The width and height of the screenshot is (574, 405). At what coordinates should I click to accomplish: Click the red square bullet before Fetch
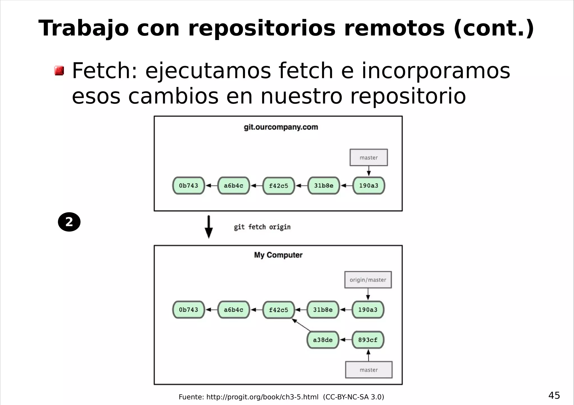[59, 71]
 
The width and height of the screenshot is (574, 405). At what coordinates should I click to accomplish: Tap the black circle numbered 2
[69, 222]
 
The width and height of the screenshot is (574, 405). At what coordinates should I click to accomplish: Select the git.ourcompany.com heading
[281, 127]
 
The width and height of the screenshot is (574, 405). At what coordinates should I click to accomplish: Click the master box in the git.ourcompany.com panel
[369, 158]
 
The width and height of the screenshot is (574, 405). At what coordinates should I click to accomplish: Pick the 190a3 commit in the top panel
[369, 186]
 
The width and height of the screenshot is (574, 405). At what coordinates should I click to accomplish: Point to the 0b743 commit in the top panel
[188, 186]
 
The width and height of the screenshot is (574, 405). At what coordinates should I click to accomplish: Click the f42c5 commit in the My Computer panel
[279, 310]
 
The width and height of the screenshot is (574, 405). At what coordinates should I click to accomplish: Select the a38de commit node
[323, 340]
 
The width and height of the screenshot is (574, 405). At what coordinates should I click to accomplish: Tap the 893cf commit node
[368, 340]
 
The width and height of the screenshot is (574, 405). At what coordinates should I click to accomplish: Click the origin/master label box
[368, 280]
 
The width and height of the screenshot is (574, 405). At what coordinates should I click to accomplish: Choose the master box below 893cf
[369, 370]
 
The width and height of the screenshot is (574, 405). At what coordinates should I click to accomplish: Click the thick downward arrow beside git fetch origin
[209, 227]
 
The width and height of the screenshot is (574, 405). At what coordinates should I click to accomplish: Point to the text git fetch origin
[262, 227]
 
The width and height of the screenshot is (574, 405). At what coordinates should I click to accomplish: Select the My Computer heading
[278, 255]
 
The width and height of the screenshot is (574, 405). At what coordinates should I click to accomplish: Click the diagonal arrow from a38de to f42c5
[302, 325]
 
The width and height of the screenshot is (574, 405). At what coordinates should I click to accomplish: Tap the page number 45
[554, 395]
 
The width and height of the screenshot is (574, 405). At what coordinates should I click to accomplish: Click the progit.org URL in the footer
[262, 397]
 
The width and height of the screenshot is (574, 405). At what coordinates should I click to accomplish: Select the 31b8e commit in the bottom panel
[323, 310]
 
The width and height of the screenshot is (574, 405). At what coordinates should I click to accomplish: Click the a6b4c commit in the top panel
[233, 186]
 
